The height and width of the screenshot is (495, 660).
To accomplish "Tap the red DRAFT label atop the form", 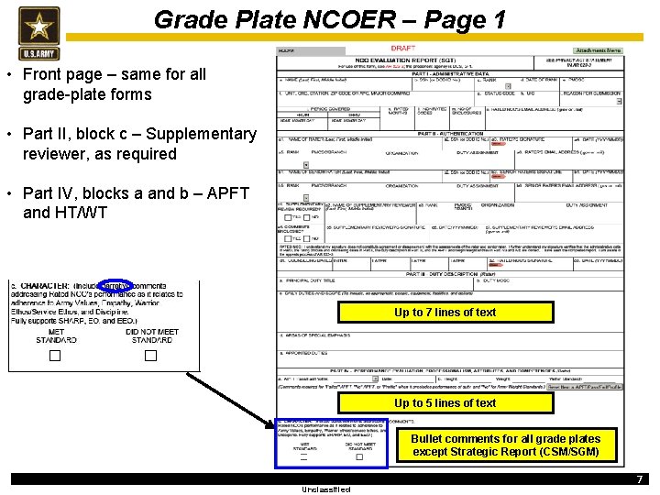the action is pyautogui.click(x=403, y=48).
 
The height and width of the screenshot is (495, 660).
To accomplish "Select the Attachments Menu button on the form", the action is pyautogui.click(x=599, y=51).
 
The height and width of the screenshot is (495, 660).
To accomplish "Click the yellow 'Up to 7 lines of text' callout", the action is pyautogui.click(x=445, y=313).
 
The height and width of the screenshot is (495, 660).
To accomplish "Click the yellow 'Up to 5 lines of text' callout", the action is pyautogui.click(x=445, y=403).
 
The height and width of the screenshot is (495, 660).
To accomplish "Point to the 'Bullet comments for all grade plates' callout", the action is pyautogui.click(x=505, y=445).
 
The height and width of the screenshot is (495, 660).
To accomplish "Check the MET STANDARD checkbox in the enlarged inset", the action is pyautogui.click(x=55, y=356).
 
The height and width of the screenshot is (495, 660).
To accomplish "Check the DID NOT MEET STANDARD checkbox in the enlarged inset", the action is pyautogui.click(x=151, y=356).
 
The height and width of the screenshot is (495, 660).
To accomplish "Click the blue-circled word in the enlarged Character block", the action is pyautogui.click(x=115, y=286).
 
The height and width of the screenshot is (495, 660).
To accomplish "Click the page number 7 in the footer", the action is pyautogui.click(x=640, y=479).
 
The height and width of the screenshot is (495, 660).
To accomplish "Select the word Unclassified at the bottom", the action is pyautogui.click(x=325, y=489).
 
